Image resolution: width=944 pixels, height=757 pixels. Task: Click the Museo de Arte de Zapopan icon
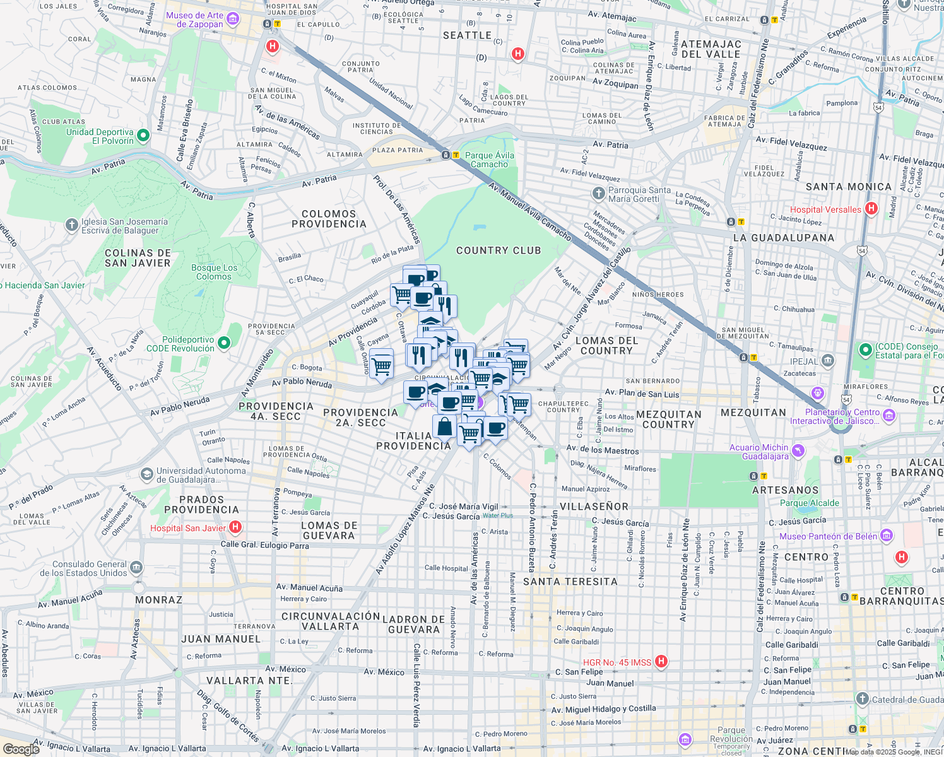232,20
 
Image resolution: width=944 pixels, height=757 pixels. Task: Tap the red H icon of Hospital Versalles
871,209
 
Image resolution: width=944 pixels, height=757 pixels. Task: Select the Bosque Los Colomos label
214,272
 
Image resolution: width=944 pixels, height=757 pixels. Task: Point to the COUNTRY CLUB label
499,250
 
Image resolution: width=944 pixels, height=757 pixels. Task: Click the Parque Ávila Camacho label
489,160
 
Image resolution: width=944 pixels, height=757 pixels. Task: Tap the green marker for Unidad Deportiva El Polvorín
143,136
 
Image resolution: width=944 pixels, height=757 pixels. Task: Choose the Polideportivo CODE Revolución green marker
224,343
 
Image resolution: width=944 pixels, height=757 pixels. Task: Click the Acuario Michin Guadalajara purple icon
798,450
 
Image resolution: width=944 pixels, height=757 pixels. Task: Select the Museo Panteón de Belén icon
887,536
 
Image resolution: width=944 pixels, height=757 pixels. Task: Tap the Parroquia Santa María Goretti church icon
598,193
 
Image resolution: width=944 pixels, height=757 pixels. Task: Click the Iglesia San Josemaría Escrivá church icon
72,225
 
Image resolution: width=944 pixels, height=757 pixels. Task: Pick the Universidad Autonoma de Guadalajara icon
147,474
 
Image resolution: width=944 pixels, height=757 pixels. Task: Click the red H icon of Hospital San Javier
235,527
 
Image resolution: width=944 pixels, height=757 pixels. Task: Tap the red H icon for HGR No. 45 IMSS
661,661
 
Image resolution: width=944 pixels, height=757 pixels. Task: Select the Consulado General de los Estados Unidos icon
137,568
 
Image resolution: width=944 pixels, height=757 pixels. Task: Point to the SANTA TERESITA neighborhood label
570,582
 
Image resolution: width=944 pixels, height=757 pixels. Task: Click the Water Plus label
498,515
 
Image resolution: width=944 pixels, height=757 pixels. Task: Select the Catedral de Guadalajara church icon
863,699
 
